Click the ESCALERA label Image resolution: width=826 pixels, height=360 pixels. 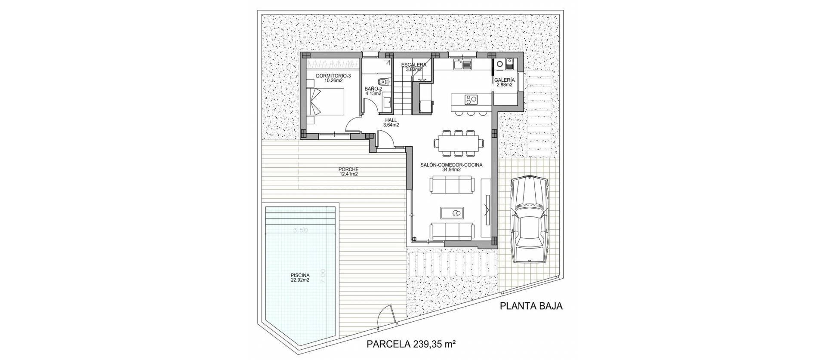tap(414, 67)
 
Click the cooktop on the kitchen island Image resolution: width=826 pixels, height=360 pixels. tap(471, 100)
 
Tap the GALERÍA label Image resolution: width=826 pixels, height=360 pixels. tap(504, 82)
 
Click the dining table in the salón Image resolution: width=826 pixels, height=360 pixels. tap(458, 143)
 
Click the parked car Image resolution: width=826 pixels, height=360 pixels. tap(529, 219)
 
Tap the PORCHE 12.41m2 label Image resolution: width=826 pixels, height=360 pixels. tap(348, 172)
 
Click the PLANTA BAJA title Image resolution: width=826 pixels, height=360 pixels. tap(531, 306)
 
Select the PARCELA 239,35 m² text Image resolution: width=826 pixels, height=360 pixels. tap(411, 344)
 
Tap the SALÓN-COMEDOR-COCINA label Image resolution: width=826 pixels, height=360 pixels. tap(451, 167)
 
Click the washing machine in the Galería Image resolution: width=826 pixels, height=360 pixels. tap(500, 64)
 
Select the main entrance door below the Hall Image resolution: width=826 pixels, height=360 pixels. tap(84, 141)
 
